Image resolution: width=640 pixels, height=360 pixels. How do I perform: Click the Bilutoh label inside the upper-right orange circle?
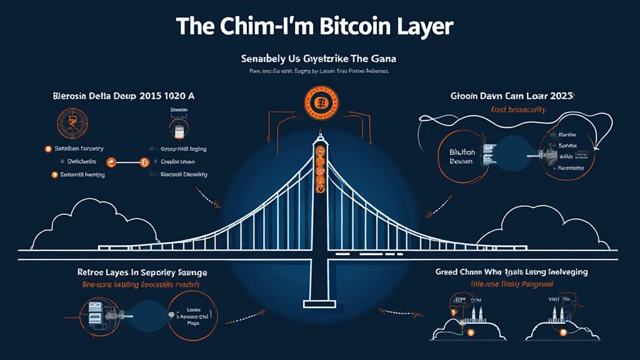tap(463, 156)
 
